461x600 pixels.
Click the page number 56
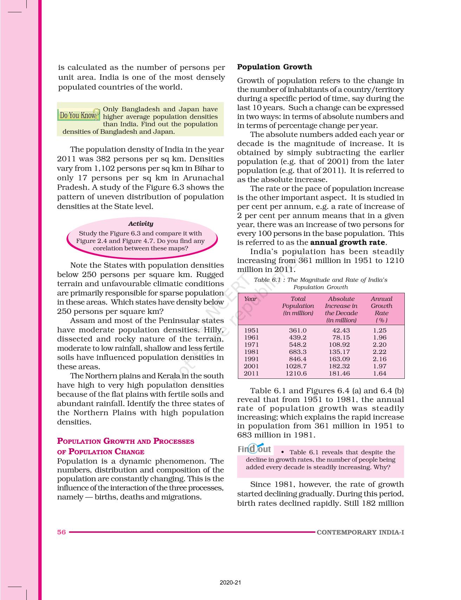pos(61,532)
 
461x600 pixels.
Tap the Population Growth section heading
pos(274,67)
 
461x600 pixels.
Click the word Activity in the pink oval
pos(141,224)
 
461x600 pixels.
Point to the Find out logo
pos(254,449)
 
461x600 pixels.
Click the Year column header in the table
pos(250,299)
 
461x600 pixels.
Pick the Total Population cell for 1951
pos(298,330)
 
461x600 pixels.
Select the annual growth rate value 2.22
pos(379,352)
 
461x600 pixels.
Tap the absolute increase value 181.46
pos(339,374)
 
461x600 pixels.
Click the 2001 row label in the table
pos(251,366)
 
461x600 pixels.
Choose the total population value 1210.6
pos(296,374)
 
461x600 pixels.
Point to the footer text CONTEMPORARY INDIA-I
pos(360,532)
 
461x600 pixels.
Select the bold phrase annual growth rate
pos(348,242)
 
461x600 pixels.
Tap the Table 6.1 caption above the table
pos(320,283)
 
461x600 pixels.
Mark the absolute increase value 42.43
pos(341,330)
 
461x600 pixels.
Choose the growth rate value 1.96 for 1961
pos(379,337)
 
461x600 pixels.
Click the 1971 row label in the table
pos(251,345)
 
